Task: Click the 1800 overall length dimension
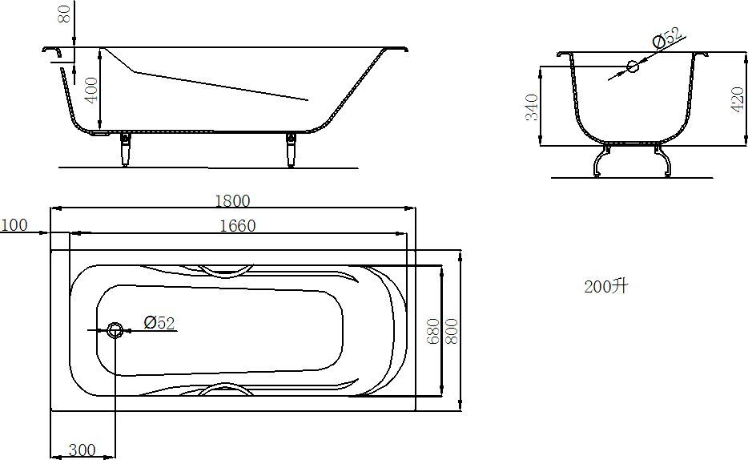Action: (232, 200)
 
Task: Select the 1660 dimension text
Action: (238, 226)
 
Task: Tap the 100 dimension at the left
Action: (14, 224)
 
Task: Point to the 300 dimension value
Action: (82, 450)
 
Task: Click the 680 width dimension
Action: (432, 331)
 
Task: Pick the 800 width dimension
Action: (451, 331)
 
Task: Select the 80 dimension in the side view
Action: (65, 14)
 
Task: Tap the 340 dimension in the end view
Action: (532, 107)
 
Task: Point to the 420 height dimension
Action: (738, 99)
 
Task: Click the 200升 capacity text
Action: (606, 287)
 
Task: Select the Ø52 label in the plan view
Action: (159, 323)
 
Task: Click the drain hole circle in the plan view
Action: (115, 329)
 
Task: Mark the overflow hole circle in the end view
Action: (633, 67)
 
